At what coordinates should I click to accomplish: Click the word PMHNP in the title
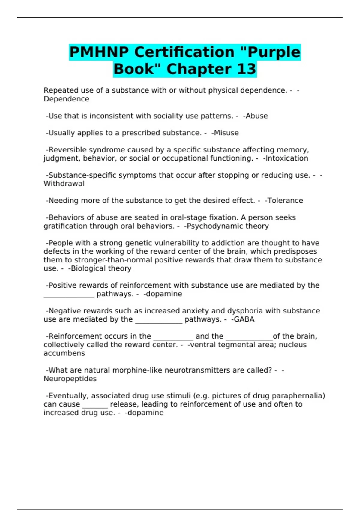[x=99, y=52]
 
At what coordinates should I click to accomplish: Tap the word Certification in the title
[x=184, y=52]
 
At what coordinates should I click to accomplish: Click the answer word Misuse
[x=226, y=133]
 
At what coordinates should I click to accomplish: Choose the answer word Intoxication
[x=286, y=158]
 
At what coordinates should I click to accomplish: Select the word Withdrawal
[x=64, y=184]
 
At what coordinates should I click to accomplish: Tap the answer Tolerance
[x=285, y=201]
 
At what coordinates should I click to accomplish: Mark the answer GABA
[x=244, y=319]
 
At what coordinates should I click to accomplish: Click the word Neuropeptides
[x=70, y=379]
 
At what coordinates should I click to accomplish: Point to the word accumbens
[x=64, y=353]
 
